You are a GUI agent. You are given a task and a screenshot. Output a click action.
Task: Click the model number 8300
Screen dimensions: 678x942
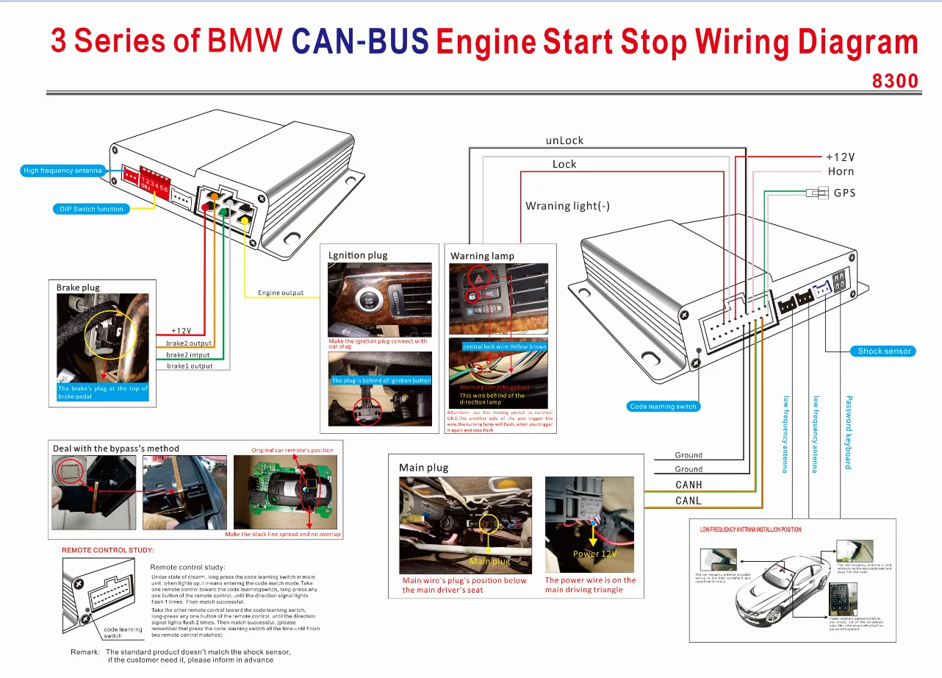[895, 79]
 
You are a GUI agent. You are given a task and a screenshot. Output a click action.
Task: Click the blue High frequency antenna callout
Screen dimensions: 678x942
[62, 171]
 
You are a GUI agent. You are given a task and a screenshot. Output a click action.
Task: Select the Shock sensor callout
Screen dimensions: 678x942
[884, 351]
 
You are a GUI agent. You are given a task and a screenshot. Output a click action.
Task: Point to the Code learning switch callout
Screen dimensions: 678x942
[663, 406]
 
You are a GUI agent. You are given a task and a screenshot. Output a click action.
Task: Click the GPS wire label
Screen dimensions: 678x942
[844, 193]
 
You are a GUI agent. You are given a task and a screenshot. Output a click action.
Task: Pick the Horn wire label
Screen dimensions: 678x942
[841, 171]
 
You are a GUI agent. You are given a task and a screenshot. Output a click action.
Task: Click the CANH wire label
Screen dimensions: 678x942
[688, 485]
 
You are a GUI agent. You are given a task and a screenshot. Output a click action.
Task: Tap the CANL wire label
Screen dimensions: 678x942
[688, 501]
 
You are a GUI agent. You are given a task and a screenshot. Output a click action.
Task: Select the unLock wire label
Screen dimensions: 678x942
[564, 140]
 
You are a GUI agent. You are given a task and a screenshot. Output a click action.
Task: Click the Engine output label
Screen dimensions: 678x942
[281, 293]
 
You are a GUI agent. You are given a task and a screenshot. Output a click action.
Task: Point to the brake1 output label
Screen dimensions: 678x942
[190, 365]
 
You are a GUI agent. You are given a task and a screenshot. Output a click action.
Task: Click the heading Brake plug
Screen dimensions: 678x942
[78, 288]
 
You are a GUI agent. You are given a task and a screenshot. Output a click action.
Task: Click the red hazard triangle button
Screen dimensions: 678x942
[475, 280]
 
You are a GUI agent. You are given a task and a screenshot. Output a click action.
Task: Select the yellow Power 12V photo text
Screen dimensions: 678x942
[594, 554]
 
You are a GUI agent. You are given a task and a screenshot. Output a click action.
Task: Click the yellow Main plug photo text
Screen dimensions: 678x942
[489, 561]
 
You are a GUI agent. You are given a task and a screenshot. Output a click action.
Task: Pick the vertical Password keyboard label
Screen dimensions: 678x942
[848, 432]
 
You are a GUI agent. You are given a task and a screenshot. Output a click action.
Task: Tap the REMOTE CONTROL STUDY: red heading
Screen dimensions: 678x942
[108, 550]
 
